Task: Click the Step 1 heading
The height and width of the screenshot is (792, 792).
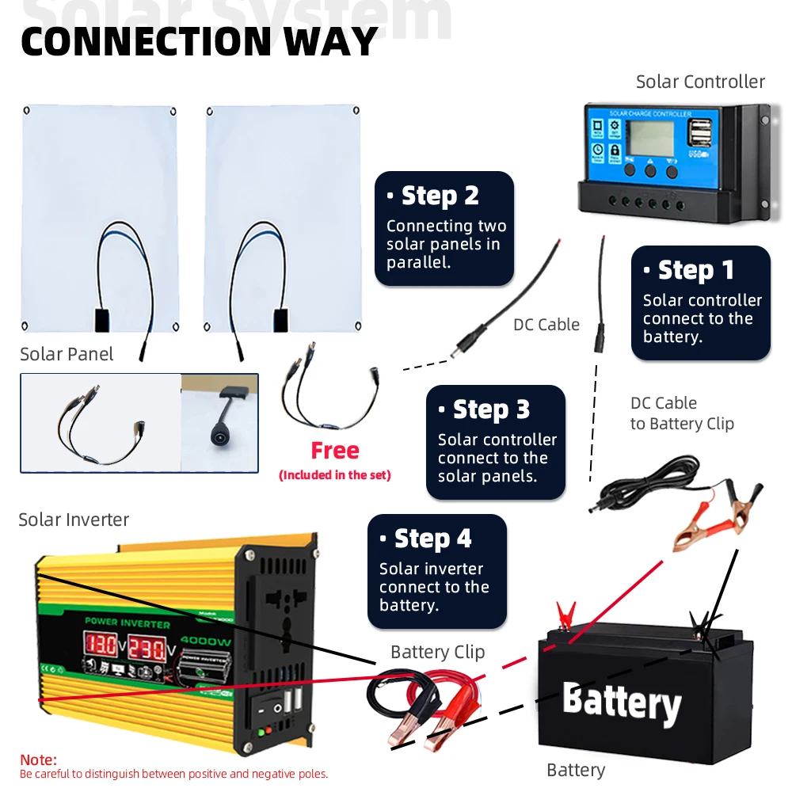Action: pos(696,270)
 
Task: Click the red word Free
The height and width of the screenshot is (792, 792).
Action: pos(335,451)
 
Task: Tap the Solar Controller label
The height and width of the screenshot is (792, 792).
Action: pos(700,82)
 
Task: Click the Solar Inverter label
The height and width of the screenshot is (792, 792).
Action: pos(74,520)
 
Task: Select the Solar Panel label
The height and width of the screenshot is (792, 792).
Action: pos(67,354)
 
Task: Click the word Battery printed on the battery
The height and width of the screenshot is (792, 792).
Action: pos(622,703)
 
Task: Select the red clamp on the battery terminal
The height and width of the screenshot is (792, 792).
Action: pos(565,615)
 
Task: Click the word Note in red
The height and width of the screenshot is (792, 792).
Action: pos(38,760)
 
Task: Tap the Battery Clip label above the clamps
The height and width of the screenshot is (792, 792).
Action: pos(437,652)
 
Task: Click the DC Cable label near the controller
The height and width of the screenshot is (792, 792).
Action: pos(546,325)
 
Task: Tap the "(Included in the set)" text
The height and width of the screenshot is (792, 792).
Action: pos(335,475)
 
